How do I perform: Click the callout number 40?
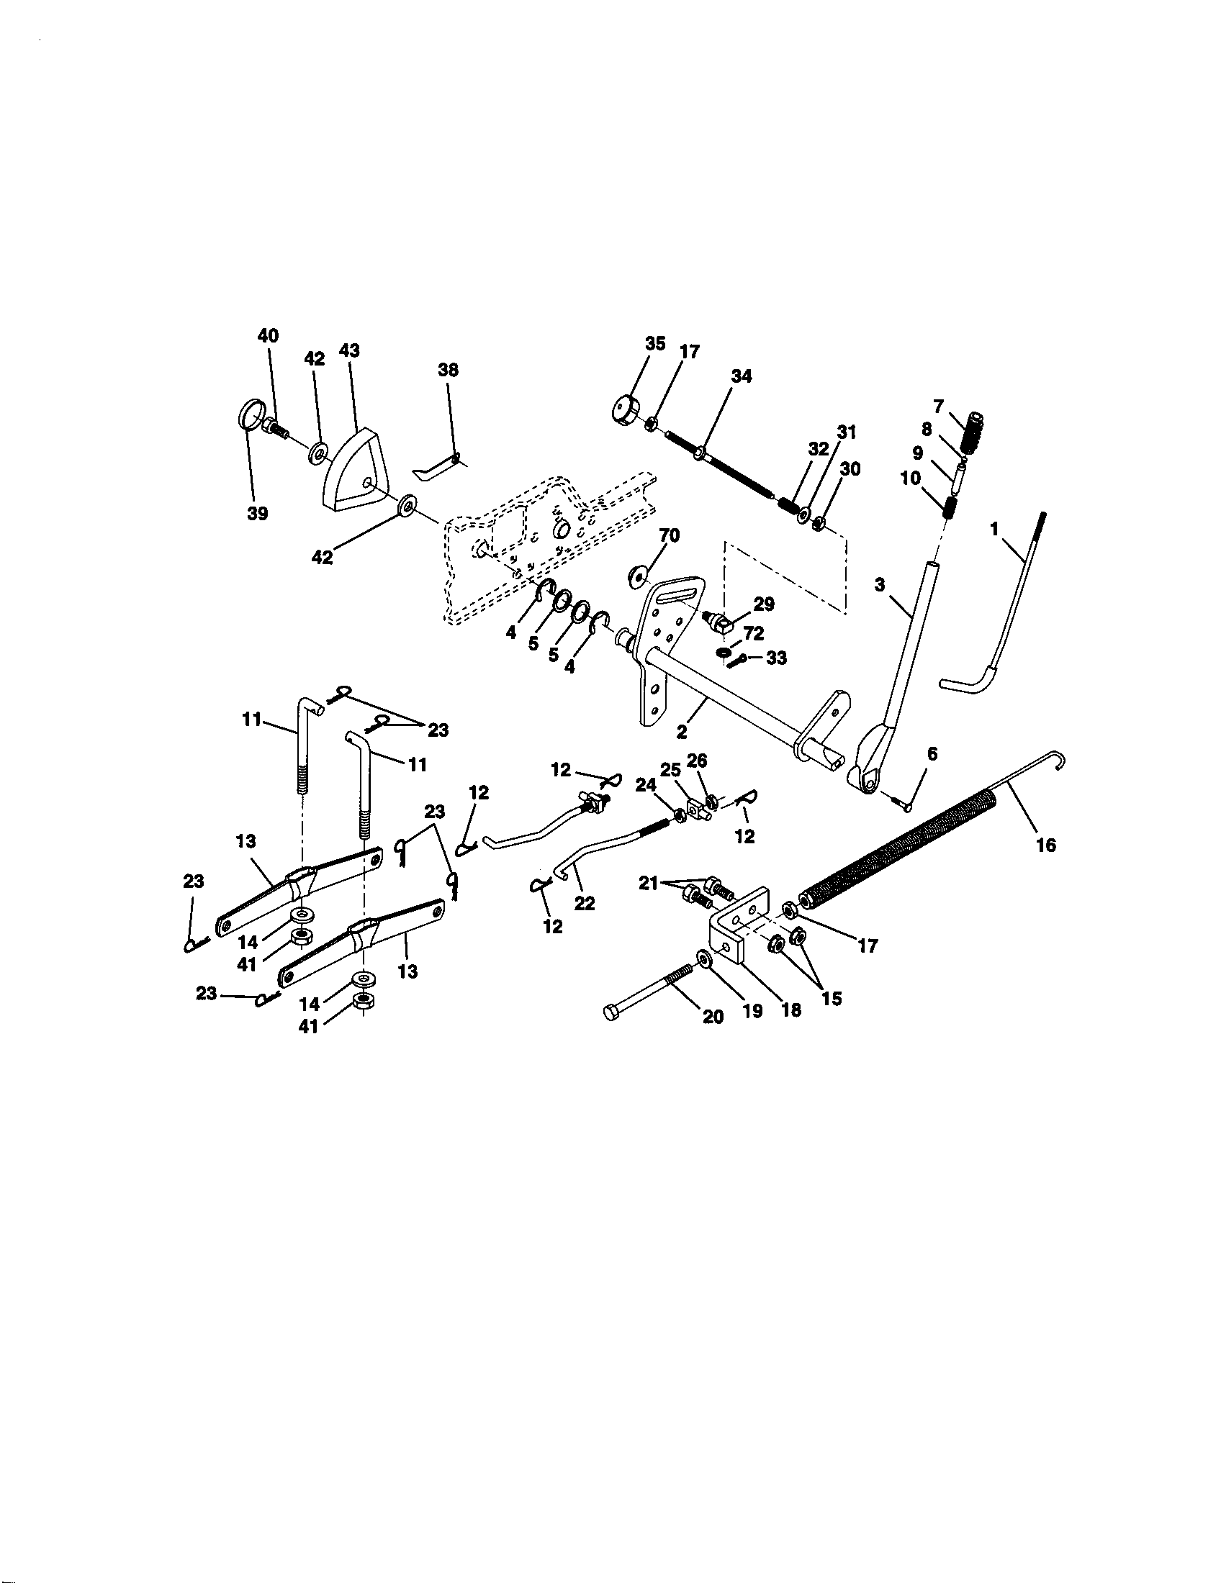[269, 335]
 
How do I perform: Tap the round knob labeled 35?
[626, 412]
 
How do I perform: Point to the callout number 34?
[741, 376]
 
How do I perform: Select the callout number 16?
[1046, 845]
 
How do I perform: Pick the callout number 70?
[670, 535]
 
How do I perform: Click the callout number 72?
[753, 633]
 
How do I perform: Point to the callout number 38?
[448, 370]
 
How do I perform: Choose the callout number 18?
[790, 1009]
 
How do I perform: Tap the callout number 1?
[995, 530]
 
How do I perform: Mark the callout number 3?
[880, 585]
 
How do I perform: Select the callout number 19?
[752, 1011]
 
